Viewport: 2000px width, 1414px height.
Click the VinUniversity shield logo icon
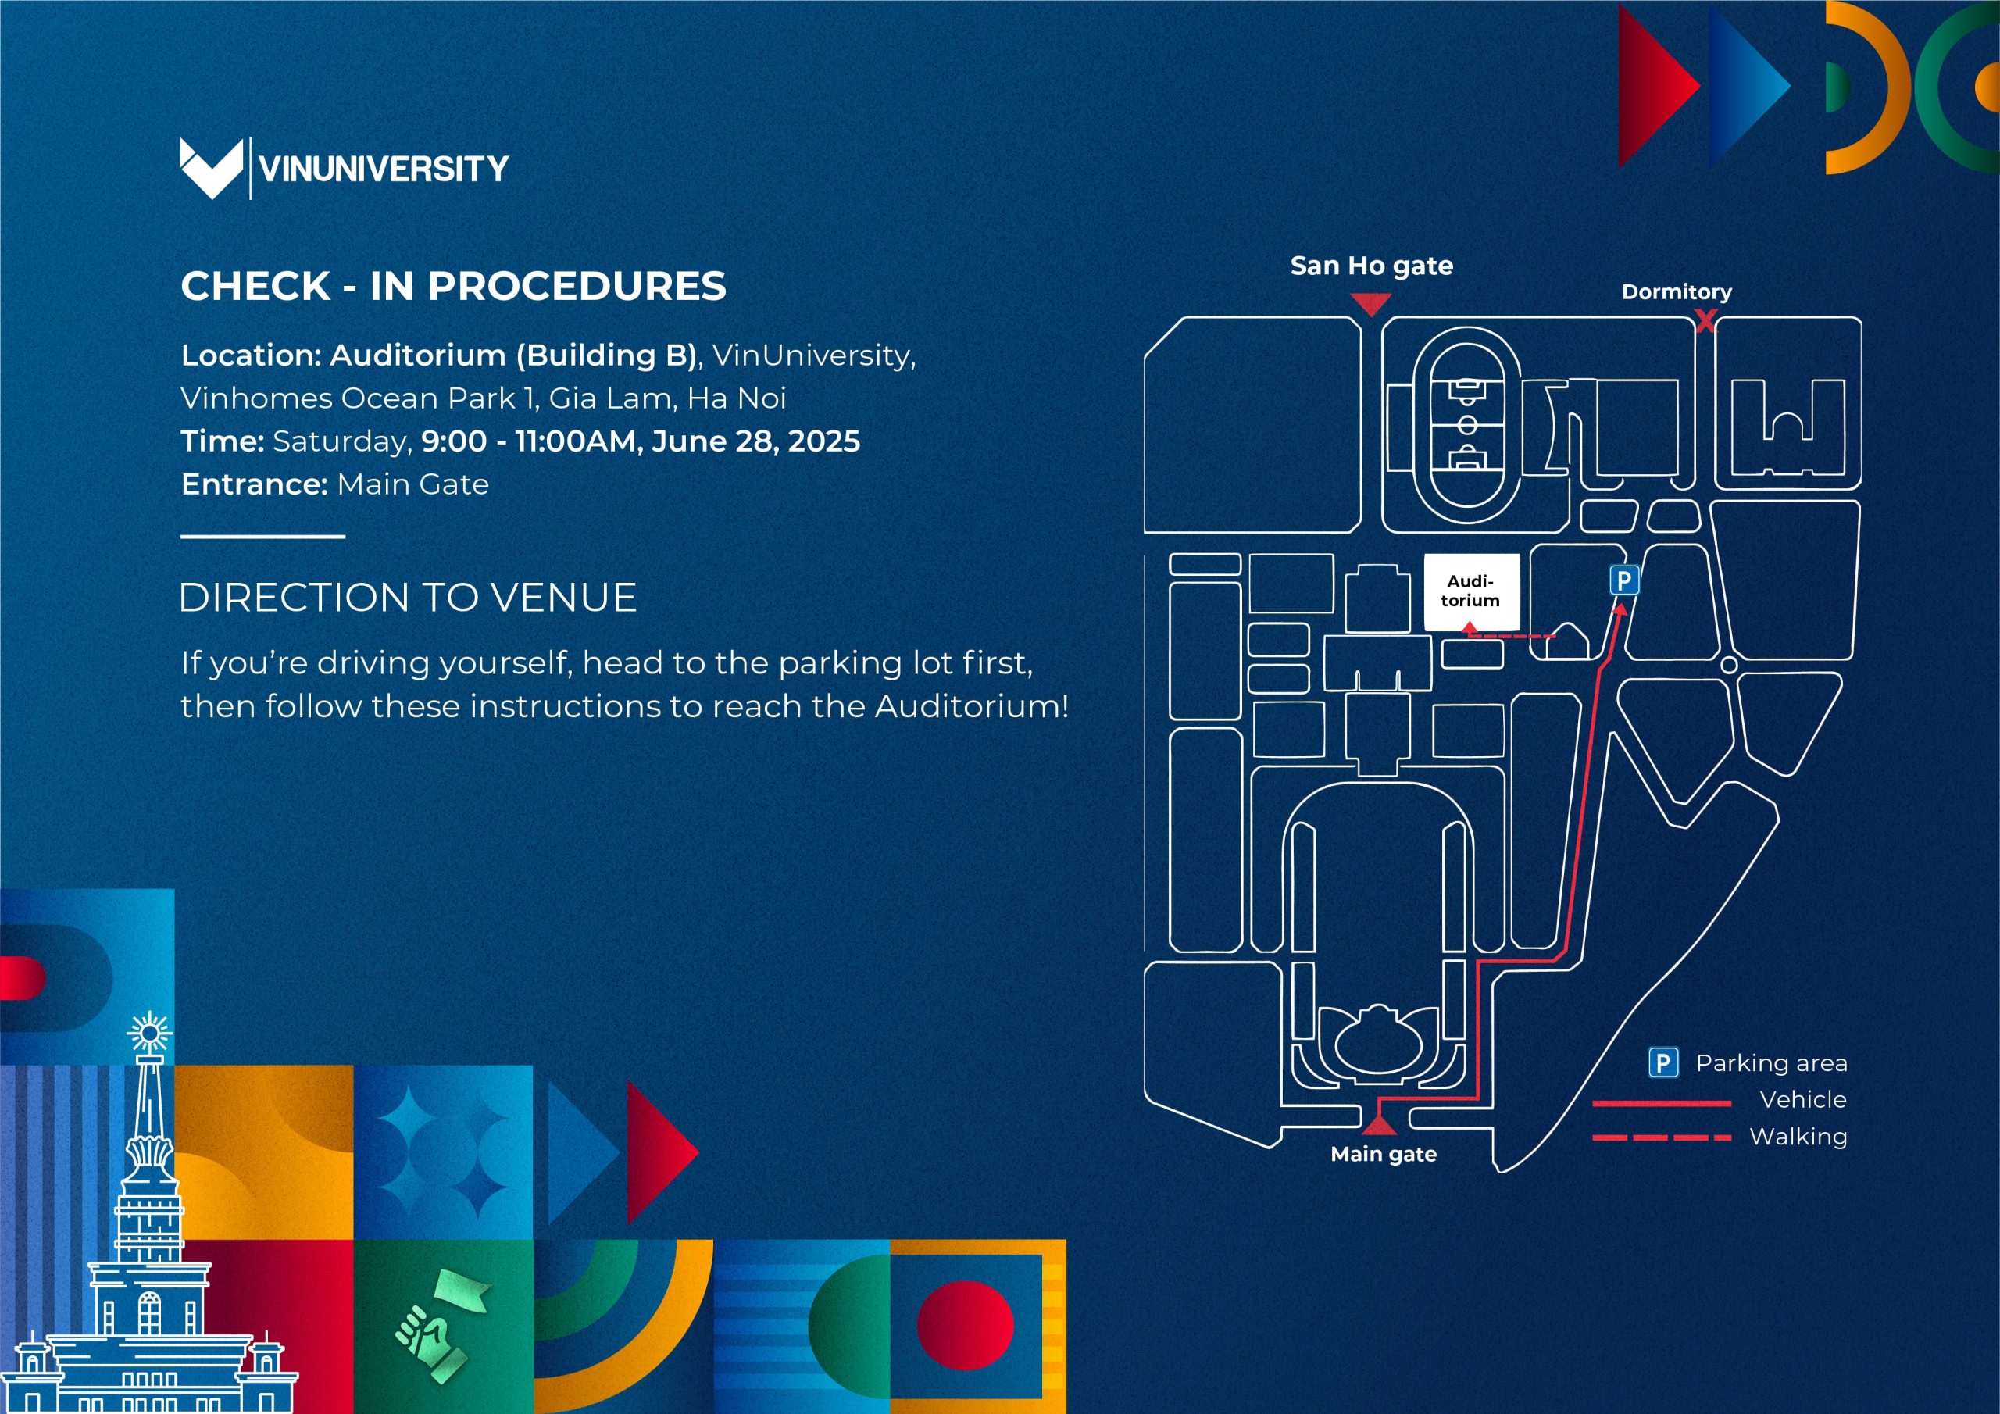(211, 167)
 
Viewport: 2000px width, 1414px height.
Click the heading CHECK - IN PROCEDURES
(453, 286)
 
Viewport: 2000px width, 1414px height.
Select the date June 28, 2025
(755, 441)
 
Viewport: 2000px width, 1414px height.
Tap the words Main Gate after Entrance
(413, 484)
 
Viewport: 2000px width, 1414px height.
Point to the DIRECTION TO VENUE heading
(408, 598)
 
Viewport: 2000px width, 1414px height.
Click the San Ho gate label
(1371, 266)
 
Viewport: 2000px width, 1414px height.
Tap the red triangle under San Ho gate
(1371, 304)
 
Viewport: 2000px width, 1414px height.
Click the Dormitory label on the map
(1676, 292)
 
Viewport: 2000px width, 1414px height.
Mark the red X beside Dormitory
(1705, 322)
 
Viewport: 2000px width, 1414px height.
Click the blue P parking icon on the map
(1623, 580)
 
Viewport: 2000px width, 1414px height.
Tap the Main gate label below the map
(1384, 1155)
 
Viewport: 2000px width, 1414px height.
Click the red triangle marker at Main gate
(1379, 1127)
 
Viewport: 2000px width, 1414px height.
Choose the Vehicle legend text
(1802, 1099)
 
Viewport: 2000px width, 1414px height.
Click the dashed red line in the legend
(1661, 1137)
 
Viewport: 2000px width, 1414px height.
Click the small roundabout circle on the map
(1729, 665)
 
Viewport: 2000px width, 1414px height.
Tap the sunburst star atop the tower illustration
(150, 1034)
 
